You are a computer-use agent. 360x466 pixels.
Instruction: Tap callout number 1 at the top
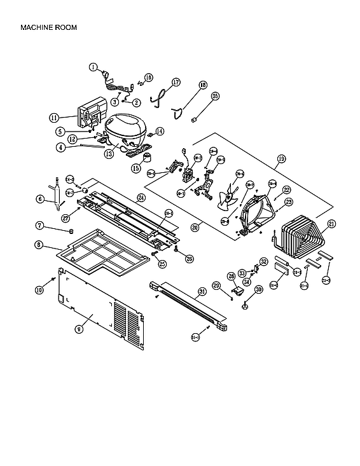pyautogui.click(x=93, y=66)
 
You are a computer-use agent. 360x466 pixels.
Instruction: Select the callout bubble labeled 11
pyautogui.click(x=54, y=118)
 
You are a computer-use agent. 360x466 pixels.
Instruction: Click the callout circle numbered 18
pyautogui.click(x=203, y=85)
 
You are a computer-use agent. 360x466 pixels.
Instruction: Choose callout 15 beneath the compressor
pyautogui.click(x=135, y=168)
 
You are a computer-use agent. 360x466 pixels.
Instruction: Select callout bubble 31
pyautogui.click(x=202, y=292)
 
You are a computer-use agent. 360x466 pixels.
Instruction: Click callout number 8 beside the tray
pyautogui.click(x=39, y=245)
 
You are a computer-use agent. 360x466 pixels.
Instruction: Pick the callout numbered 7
pyautogui.click(x=39, y=226)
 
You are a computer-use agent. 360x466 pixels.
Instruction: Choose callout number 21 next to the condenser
pyautogui.click(x=331, y=223)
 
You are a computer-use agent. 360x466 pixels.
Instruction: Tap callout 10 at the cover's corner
pyautogui.click(x=39, y=290)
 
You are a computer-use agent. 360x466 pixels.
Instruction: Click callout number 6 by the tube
pyautogui.click(x=39, y=199)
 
